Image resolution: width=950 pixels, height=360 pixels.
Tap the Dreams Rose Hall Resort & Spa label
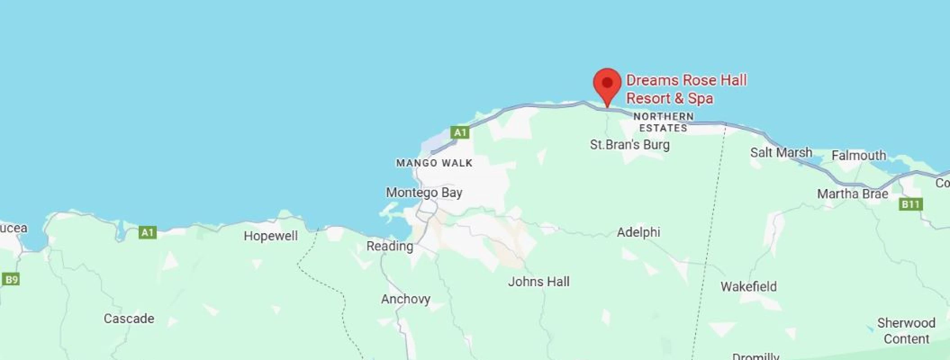pos(686,89)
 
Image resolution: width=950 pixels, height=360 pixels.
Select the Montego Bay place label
pos(424,193)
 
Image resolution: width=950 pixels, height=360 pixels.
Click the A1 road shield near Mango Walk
pos(460,132)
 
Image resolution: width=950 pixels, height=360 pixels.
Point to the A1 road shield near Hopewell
pos(148,232)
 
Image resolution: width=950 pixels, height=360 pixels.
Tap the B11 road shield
pos(910,204)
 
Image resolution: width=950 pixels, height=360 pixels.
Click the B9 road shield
pos(11,279)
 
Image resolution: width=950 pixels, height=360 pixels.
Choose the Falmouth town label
pos(859,156)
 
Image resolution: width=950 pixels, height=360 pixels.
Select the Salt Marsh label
pos(781,153)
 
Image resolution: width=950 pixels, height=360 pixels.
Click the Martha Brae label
pos(852,194)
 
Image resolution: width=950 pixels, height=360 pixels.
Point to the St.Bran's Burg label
pos(629,145)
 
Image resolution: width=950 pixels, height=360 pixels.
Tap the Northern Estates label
pos(663,122)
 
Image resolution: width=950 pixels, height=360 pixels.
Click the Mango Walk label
pos(434,163)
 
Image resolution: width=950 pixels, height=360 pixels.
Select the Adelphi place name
pos(638,232)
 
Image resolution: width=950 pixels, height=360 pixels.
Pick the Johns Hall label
pos(538,282)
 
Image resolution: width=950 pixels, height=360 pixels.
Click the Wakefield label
pos(748,287)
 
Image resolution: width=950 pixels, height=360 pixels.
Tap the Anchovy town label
pos(405,299)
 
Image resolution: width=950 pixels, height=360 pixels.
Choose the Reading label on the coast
pos(389,246)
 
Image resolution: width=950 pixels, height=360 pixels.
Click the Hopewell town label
pos(271,236)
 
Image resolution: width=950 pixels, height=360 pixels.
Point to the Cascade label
pos(129,319)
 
